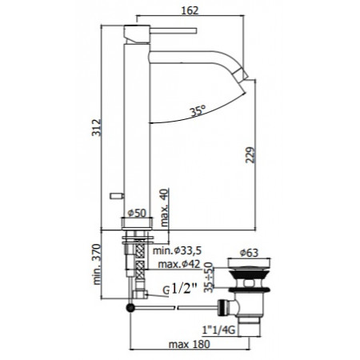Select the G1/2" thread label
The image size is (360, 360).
click(x=179, y=290)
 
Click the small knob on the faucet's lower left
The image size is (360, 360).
click(x=115, y=194)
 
